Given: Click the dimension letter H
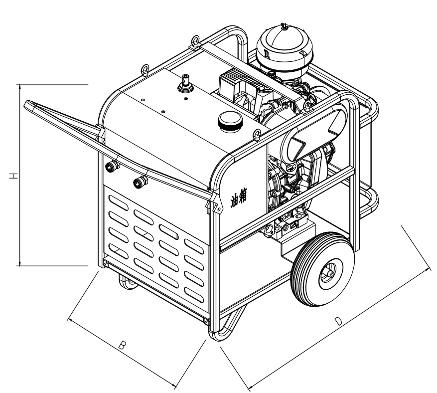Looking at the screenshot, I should click(x=14, y=176).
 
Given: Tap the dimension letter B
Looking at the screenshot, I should click(x=122, y=345).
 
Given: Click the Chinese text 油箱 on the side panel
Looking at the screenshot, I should click(x=242, y=192).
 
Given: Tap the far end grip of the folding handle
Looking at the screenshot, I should click(x=30, y=105).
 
